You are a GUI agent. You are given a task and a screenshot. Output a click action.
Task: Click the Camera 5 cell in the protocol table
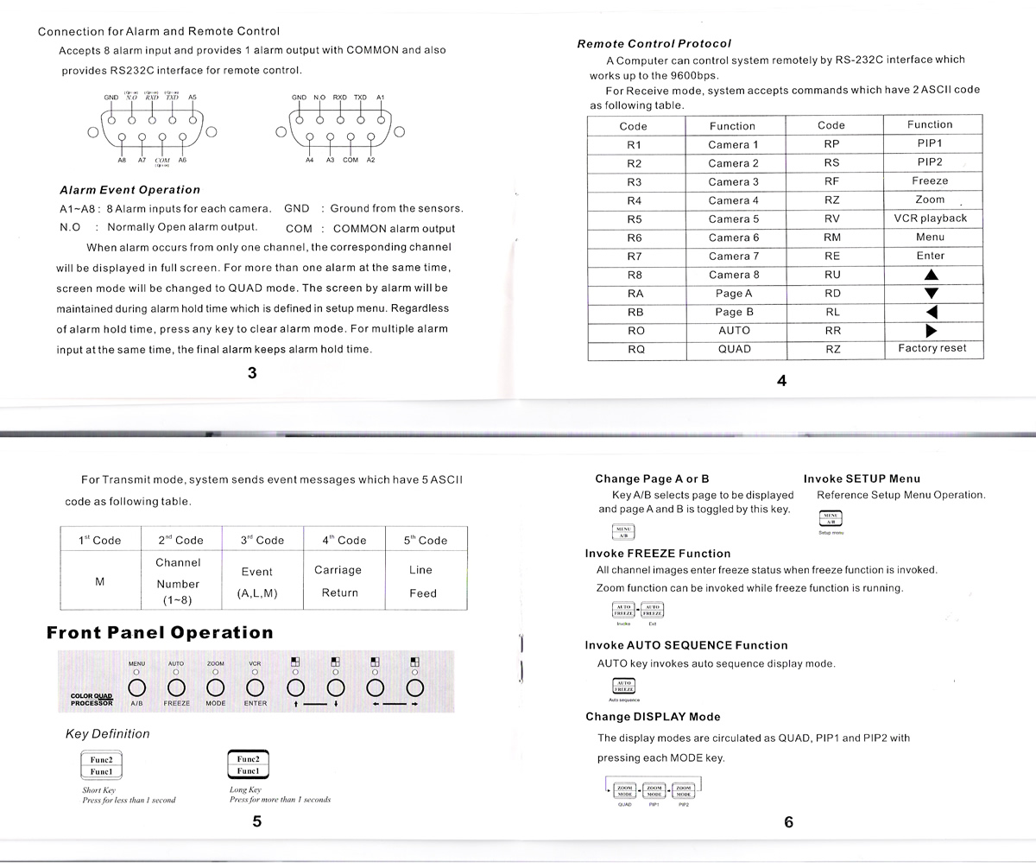[x=733, y=219]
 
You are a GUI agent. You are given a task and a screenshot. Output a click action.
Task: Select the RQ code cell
[x=635, y=350]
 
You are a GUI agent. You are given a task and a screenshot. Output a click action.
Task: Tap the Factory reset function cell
[x=932, y=349]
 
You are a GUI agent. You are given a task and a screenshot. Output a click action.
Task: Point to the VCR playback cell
[x=930, y=219]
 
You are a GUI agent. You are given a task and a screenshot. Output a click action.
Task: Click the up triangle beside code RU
[x=931, y=276]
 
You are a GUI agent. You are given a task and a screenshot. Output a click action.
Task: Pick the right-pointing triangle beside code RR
[x=931, y=331]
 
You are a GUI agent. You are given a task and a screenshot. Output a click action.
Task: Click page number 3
[x=251, y=373]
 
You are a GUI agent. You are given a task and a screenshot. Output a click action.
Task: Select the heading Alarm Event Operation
[x=129, y=190]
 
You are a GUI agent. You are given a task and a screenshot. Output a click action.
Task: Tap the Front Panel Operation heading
[x=160, y=633]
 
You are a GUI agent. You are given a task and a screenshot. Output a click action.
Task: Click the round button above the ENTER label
[x=255, y=687]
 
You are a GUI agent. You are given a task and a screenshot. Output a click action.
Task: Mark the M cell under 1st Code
[x=99, y=582]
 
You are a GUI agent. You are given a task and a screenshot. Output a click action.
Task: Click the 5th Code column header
[x=425, y=541]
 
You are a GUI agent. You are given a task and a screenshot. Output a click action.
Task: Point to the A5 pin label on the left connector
[x=192, y=98]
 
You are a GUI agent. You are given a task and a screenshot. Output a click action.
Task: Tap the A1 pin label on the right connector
[x=381, y=98]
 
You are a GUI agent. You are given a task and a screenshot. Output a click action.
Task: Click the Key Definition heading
[x=108, y=734]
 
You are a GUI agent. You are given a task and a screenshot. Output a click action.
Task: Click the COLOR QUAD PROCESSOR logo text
[x=92, y=700]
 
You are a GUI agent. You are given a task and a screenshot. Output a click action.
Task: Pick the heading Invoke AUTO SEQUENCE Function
[x=685, y=645]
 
